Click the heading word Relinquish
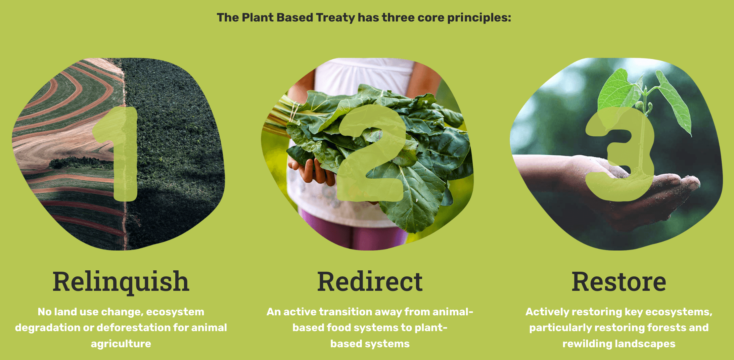click(121, 282)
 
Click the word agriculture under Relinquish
click(121, 344)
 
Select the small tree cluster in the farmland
click(81, 163)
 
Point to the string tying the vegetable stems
click(294, 111)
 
